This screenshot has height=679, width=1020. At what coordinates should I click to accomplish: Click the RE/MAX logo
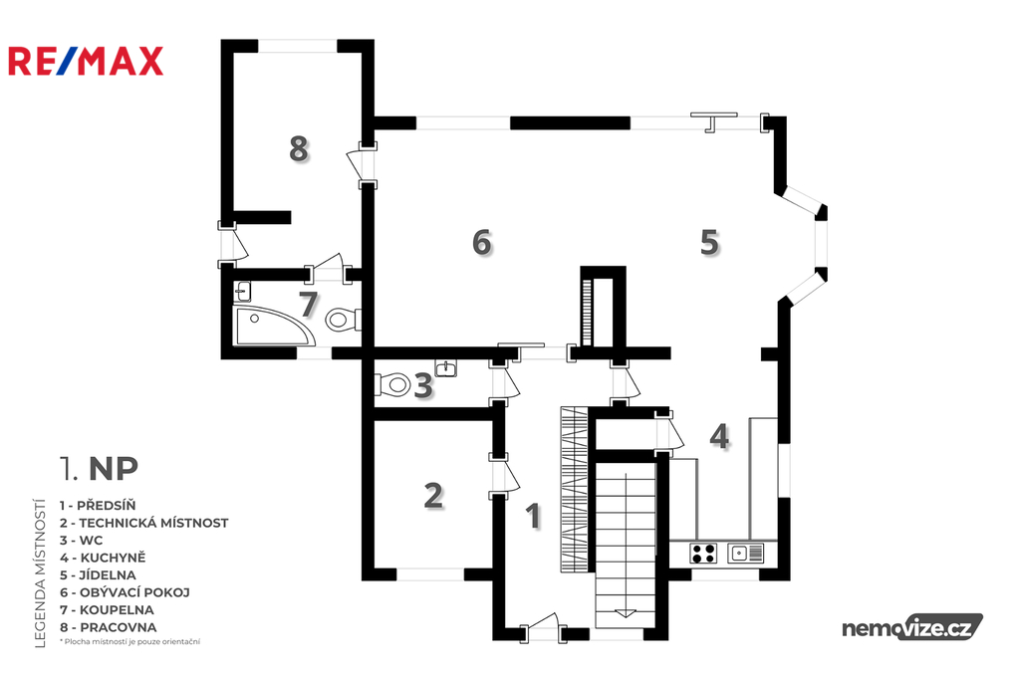point(86,61)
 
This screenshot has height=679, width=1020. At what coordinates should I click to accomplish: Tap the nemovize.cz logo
point(912,627)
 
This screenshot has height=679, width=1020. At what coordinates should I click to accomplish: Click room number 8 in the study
point(299,149)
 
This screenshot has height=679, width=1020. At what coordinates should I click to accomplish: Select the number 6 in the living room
point(482,242)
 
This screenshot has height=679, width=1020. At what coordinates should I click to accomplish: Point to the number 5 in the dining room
point(709,242)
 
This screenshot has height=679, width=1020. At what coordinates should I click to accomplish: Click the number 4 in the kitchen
point(719,436)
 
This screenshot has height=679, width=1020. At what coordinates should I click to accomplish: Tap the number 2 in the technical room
point(433,496)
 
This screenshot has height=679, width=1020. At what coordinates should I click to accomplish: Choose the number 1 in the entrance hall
point(534,517)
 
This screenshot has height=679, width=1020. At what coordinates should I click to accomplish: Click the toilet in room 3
point(392,384)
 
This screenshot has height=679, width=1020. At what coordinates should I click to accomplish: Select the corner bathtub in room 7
point(273,326)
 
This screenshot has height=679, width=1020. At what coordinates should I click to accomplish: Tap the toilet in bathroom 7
point(343,319)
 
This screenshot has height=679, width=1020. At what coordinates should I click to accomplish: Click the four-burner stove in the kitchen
point(703,553)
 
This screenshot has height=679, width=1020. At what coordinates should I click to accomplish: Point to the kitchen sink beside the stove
point(745,553)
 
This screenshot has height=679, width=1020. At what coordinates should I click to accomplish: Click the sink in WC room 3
point(445,368)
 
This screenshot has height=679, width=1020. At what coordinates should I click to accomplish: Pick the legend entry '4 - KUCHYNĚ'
point(103,558)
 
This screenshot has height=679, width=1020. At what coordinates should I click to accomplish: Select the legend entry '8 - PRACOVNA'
point(108,627)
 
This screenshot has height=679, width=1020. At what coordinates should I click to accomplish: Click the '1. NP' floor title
point(99,468)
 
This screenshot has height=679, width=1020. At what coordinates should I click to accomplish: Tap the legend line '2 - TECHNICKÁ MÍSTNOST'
point(143,523)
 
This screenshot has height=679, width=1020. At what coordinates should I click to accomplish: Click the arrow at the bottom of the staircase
point(626,612)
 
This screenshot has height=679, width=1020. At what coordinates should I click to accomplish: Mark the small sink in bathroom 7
point(243,292)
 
